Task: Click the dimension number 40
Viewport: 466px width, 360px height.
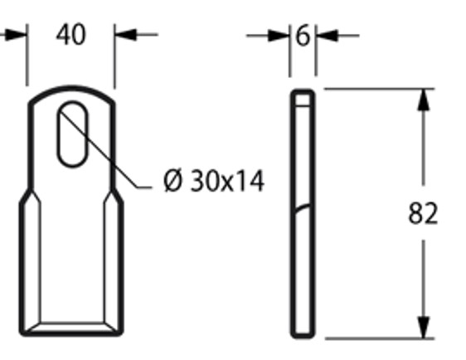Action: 70,36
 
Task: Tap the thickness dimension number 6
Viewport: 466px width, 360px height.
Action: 302,36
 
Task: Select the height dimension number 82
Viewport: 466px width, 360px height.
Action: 423,214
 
